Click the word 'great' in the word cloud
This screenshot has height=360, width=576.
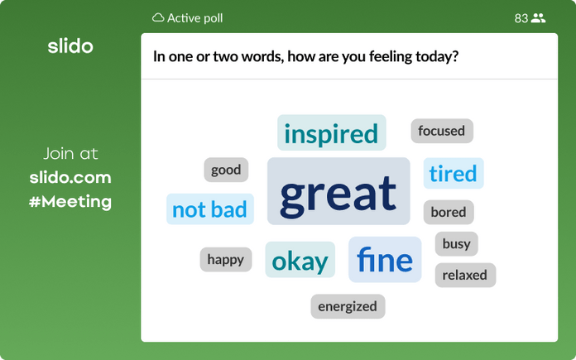click(338, 192)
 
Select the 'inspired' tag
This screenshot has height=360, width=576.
click(331, 133)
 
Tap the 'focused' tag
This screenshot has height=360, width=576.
click(441, 131)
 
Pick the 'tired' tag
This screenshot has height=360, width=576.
click(453, 174)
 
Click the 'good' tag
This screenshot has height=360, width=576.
click(226, 170)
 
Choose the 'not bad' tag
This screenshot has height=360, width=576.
click(209, 209)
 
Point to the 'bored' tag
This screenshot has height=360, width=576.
click(449, 212)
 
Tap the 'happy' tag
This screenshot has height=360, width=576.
click(225, 259)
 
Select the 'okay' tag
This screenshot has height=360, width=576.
click(300, 261)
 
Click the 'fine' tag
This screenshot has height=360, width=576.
click(385, 260)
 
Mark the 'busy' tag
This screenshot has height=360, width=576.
click(456, 243)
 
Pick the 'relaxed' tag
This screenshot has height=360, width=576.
click(464, 275)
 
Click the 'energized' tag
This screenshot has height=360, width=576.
click(348, 306)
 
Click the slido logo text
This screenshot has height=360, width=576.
click(70, 46)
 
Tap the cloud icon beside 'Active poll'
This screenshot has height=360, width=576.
click(158, 17)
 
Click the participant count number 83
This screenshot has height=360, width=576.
click(521, 17)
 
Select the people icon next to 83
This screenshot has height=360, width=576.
click(539, 17)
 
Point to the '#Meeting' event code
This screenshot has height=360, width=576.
click(70, 201)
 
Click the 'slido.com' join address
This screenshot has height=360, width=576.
click(70, 177)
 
